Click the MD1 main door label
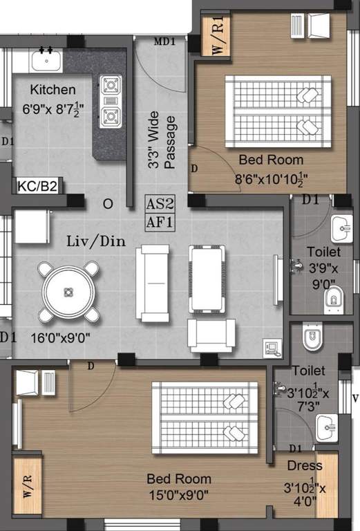click(x=164, y=41)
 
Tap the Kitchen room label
click(x=53, y=89)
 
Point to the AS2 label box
click(x=160, y=204)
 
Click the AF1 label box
click(x=160, y=222)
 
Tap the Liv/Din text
click(x=95, y=242)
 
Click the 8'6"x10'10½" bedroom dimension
click(x=272, y=178)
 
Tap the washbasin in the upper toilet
click(x=341, y=227)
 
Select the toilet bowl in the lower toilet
click(x=312, y=339)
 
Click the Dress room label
click(x=305, y=465)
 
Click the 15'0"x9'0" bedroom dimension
click(x=179, y=496)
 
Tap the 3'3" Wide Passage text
click(x=162, y=141)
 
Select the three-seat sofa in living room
click(x=153, y=282)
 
